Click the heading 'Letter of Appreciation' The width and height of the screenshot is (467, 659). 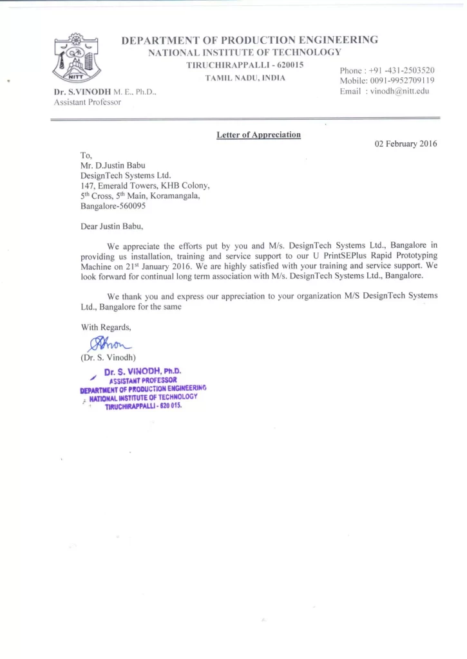258,135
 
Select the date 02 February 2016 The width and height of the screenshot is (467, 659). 406,144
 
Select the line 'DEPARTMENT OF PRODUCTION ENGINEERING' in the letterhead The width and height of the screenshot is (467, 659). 249,40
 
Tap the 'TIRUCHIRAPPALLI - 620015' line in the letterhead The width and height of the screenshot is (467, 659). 245,65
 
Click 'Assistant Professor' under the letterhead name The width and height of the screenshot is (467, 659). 88,102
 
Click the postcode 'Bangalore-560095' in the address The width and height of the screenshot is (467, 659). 113,206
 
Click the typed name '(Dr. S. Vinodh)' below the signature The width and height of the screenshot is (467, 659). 108,357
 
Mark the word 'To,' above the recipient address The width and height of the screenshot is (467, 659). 86,154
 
